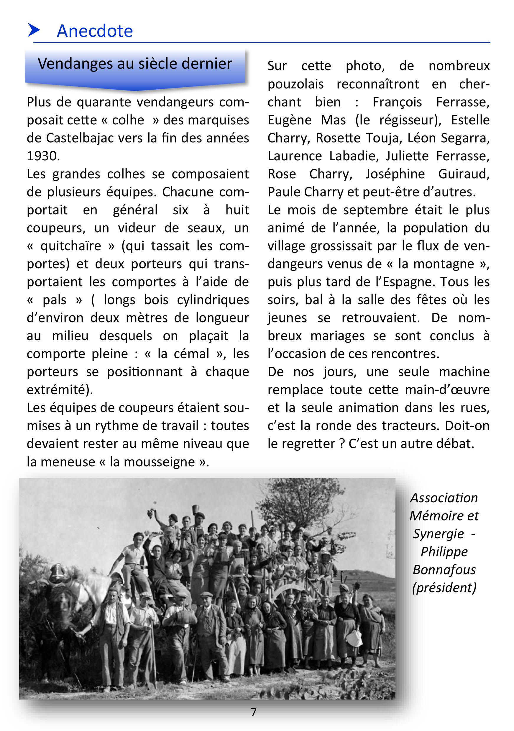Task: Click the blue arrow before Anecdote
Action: tap(34, 30)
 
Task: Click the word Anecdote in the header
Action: tap(95, 31)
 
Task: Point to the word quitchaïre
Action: tap(71, 246)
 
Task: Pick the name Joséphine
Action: tap(395, 174)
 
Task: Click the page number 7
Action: tap(254, 712)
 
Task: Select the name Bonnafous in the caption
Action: tap(444, 569)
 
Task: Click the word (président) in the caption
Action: tap(444, 587)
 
